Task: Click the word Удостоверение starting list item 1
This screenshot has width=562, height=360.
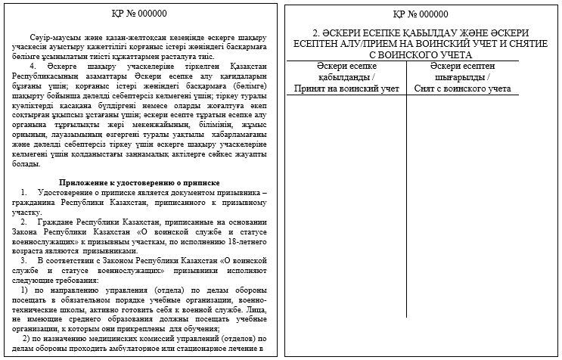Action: click(x=69, y=194)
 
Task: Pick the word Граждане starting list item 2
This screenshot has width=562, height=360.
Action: click(x=57, y=223)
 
